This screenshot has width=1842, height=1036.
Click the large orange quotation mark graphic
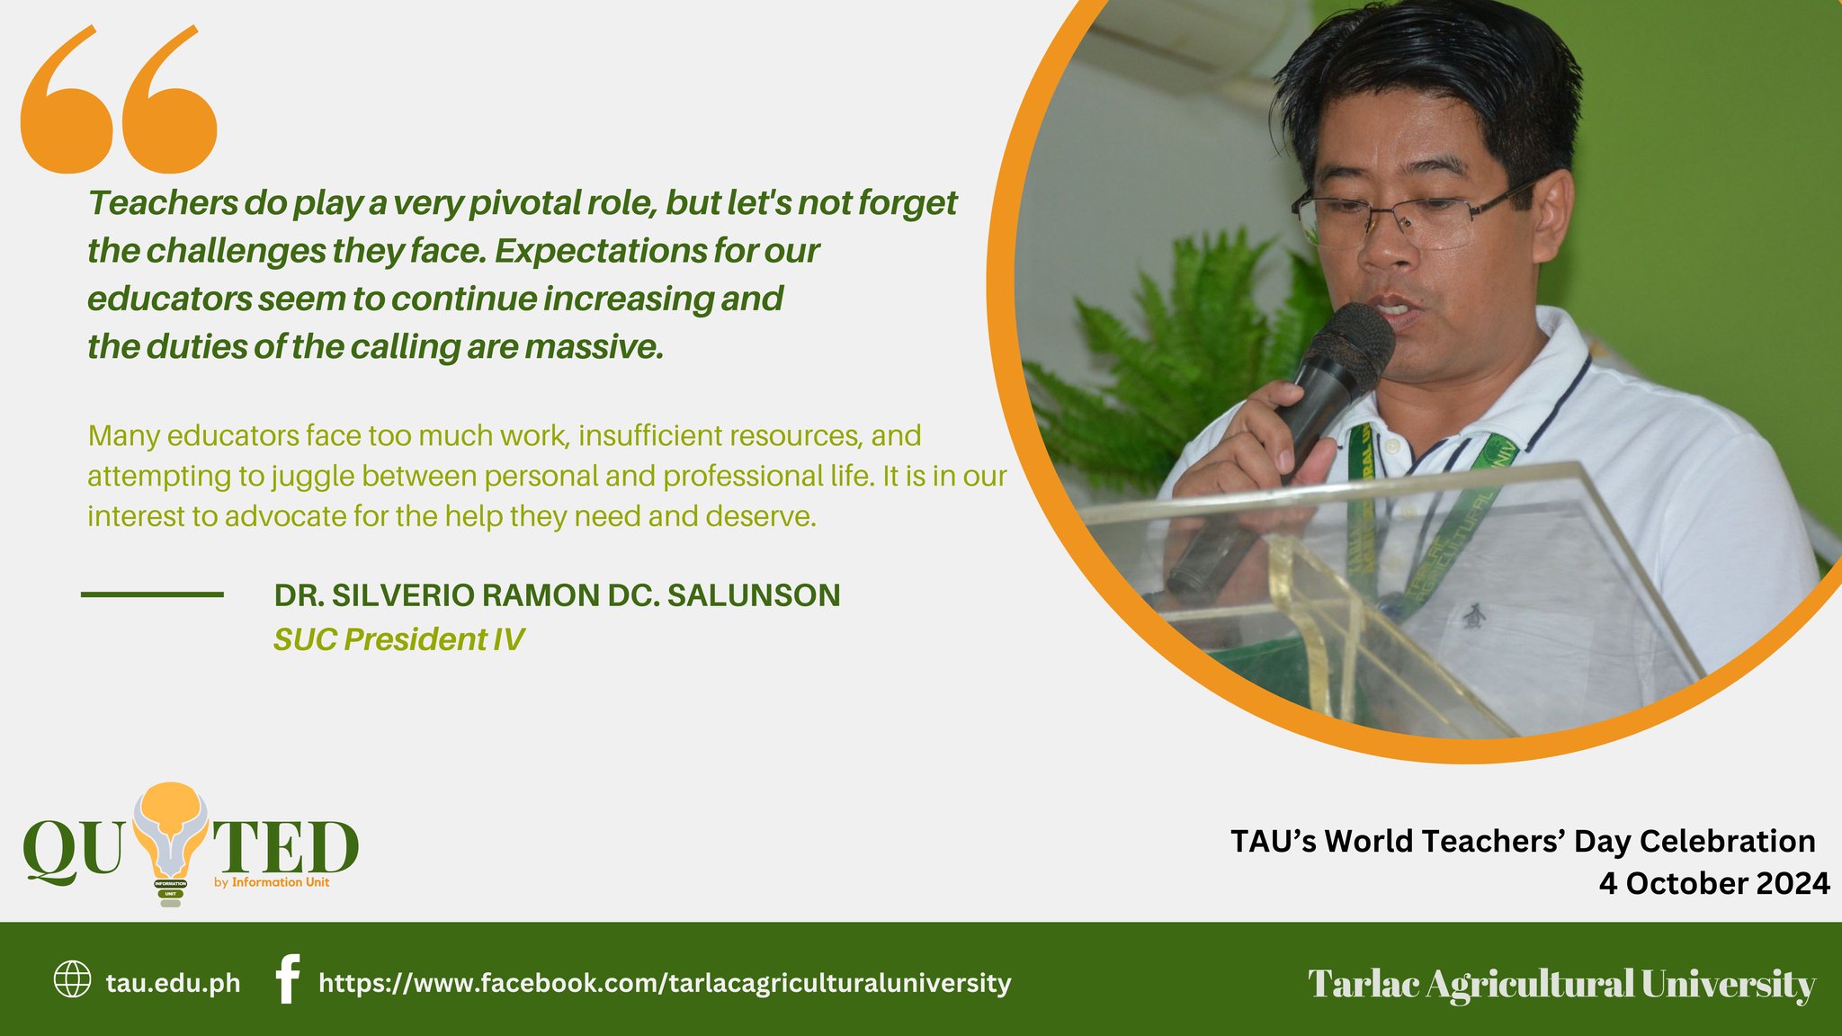(119, 101)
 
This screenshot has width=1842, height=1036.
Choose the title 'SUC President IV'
(398, 639)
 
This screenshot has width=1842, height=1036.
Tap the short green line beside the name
(152, 594)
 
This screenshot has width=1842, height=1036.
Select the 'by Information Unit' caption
(272, 882)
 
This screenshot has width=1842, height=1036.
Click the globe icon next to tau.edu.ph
(73, 979)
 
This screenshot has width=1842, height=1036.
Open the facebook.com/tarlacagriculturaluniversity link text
(665, 983)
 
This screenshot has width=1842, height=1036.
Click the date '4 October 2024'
(1713, 883)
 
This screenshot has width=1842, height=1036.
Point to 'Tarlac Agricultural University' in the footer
(1561, 983)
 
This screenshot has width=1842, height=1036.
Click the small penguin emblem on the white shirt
(1473, 617)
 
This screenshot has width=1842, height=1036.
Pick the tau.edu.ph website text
(173, 983)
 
